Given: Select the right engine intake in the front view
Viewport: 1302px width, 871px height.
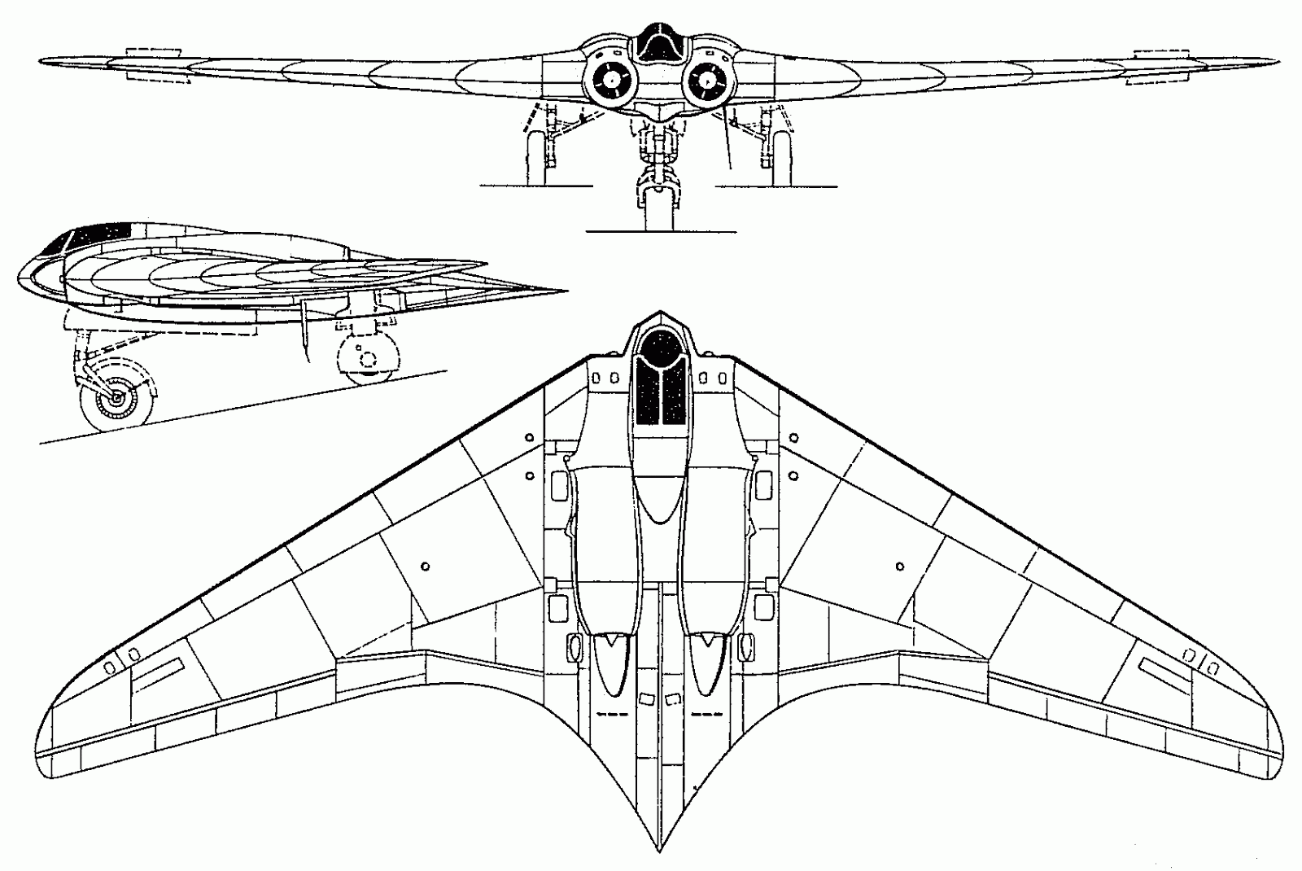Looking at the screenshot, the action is (707, 79).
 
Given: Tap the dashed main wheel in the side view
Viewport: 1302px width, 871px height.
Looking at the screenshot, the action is (368, 358).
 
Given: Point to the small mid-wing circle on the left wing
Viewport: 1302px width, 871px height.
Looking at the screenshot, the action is (426, 565).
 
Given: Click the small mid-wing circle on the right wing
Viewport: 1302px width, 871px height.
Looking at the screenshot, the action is (899, 565).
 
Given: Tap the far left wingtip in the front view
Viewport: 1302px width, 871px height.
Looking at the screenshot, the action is (42, 60).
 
